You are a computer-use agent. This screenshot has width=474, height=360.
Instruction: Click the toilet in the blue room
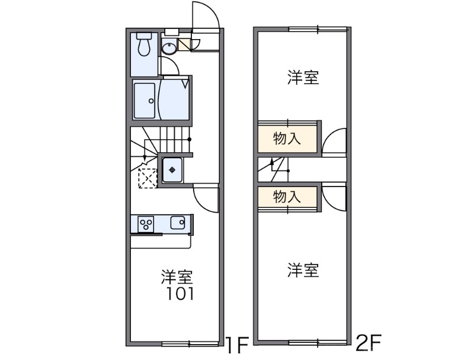click(x=143, y=44)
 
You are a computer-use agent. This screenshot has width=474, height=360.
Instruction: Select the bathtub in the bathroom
click(x=145, y=101)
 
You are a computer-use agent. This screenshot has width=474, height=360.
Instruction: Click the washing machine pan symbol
click(x=172, y=170)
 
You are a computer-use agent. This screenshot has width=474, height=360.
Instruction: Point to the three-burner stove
click(x=146, y=224)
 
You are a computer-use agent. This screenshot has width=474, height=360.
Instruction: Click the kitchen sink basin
click(x=178, y=223)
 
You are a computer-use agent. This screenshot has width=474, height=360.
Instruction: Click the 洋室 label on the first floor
click(x=177, y=276)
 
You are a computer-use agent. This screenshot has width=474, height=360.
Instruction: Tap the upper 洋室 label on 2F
click(x=303, y=78)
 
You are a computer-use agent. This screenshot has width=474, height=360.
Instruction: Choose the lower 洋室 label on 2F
click(x=303, y=271)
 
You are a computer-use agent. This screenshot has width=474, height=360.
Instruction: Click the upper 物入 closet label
click(x=287, y=139)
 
